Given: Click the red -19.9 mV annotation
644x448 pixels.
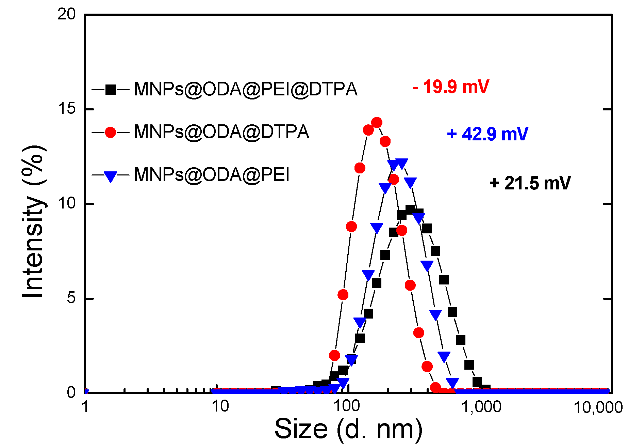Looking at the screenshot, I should (x=451, y=87).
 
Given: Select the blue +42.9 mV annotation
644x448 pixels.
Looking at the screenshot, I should (x=488, y=134).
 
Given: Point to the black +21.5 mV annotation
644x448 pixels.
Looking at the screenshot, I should (x=530, y=183).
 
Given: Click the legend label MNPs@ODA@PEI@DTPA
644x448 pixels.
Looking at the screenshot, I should (x=246, y=89).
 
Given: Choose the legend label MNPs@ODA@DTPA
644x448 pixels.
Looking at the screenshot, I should (x=221, y=132).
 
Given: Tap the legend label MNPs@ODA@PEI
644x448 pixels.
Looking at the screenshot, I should (x=212, y=175).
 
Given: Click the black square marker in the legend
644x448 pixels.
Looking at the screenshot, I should (x=111, y=90).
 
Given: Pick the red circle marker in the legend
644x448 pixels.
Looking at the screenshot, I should (x=111, y=132).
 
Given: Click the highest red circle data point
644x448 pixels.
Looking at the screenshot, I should (x=377, y=122).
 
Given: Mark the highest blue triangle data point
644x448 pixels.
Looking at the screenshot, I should (x=402, y=164).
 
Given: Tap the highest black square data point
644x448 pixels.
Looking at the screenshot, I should (x=410, y=209).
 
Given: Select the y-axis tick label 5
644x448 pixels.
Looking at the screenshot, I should (x=71, y=298).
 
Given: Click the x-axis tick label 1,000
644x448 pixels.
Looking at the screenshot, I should (x=481, y=407).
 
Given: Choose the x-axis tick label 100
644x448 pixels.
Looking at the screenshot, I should (x=347, y=407).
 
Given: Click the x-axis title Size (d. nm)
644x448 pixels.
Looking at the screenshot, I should (x=348, y=429).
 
